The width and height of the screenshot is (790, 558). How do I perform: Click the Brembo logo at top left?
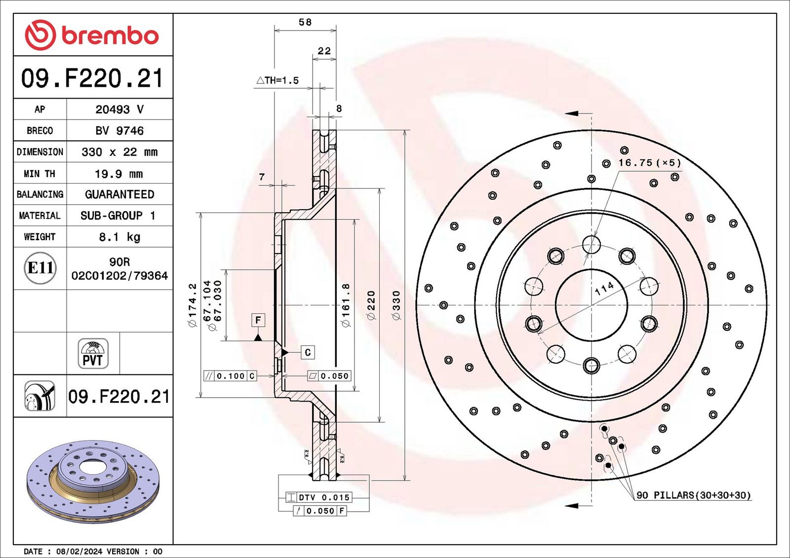(92, 35)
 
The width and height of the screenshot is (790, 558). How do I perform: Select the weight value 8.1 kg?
(119, 237)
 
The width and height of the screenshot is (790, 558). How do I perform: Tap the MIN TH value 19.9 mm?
(119, 174)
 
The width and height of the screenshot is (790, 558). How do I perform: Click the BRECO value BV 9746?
(119, 131)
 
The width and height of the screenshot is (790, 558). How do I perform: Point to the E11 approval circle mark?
(40, 268)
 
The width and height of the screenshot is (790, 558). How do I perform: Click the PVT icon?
(93, 354)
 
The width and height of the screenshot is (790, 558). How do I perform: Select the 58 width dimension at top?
(305, 22)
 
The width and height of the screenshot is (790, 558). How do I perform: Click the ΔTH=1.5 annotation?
(278, 80)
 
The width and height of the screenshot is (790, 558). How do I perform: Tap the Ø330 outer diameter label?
(396, 305)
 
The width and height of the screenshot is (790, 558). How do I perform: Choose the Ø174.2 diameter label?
(193, 305)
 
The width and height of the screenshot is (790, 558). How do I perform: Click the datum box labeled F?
(258, 320)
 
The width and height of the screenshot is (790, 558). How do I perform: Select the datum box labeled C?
(308, 352)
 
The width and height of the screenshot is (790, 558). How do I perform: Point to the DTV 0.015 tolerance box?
(324, 497)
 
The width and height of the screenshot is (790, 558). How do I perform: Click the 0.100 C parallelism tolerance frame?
(230, 376)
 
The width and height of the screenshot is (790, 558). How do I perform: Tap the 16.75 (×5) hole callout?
(649, 163)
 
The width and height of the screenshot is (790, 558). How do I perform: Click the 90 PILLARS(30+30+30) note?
(693, 495)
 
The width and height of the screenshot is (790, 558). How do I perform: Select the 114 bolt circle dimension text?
(604, 289)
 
